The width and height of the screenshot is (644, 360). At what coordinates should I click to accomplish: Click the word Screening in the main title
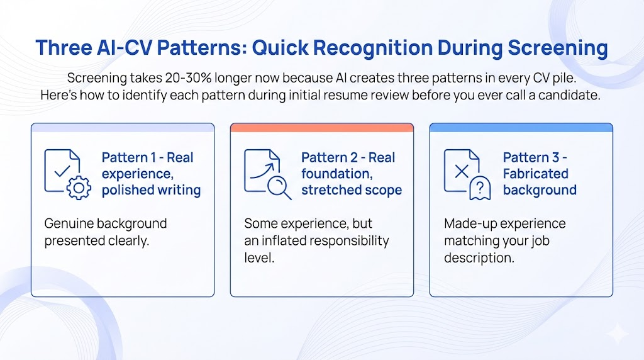(558, 48)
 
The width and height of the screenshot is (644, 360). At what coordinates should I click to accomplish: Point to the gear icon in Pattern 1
(79, 188)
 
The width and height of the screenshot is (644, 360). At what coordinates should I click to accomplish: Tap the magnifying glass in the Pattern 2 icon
(279, 188)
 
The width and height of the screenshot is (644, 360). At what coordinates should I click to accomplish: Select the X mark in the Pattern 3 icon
(462, 171)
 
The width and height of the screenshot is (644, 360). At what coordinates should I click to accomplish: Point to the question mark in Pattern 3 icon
(479, 188)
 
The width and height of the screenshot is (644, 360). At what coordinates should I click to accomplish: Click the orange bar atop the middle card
(322, 128)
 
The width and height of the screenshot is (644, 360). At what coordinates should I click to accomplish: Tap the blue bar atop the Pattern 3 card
(521, 128)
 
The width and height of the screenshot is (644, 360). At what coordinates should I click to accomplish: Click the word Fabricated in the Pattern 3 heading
(536, 174)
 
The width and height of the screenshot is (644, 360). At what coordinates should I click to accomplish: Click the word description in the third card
(479, 258)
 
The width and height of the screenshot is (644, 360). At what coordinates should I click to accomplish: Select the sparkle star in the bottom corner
(618, 334)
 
